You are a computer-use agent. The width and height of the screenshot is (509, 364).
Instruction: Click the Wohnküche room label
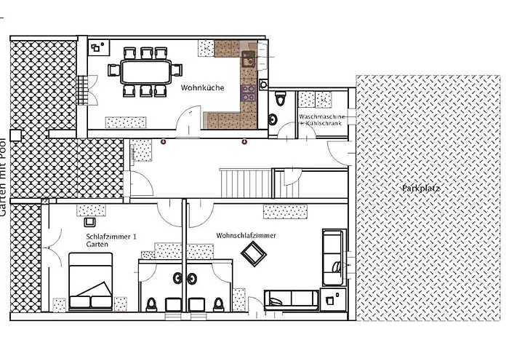[x=202, y=88]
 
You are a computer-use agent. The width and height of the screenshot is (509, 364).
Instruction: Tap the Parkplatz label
[x=421, y=188]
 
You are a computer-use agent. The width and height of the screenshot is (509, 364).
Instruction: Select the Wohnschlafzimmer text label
[x=246, y=235]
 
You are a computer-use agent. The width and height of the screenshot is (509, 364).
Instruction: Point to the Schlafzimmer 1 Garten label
[x=111, y=240]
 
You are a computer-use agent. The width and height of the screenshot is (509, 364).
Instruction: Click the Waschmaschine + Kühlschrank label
[x=321, y=119]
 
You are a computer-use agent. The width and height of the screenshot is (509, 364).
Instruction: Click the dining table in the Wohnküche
[x=145, y=71]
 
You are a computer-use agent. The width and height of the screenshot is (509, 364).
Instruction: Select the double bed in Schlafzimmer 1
[x=91, y=281]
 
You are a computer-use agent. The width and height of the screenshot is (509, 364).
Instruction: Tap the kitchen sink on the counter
[x=249, y=59]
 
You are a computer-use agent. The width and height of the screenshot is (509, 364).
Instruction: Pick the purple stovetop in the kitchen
[x=249, y=93]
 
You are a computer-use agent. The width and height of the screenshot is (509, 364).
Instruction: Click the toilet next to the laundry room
[x=280, y=98]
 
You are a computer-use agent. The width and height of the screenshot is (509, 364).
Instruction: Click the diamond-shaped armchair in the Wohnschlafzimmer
[x=254, y=254]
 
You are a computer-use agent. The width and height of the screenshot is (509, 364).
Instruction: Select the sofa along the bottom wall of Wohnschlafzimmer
[x=291, y=300]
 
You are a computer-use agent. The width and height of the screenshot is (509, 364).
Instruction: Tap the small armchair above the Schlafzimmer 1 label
[x=89, y=222]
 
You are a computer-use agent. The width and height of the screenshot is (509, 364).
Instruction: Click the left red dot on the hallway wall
[x=163, y=141]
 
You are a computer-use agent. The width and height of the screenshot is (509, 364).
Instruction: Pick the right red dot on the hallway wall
[x=244, y=141]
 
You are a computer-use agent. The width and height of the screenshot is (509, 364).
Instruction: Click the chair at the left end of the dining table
[x=113, y=70]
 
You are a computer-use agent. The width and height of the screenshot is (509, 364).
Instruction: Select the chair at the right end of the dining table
[x=177, y=70]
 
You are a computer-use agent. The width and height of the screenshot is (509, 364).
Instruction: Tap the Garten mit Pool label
[x=3, y=178]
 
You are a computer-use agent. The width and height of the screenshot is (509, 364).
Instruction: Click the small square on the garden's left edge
[x=15, y=135]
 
